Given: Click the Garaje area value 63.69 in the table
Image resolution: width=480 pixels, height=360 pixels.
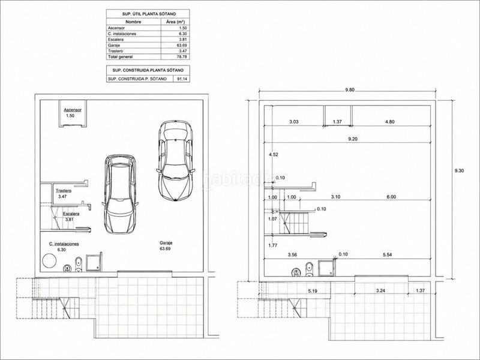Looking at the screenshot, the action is (182, 46).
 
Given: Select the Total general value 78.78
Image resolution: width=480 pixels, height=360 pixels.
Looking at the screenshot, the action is (182, 56).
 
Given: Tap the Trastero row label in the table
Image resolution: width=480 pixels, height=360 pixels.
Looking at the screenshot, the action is (115, 51).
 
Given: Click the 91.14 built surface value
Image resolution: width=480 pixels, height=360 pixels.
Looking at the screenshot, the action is (182, 79).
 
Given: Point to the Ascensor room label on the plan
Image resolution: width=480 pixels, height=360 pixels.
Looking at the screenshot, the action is (73, 110).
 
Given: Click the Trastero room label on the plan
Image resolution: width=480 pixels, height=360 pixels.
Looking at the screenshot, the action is (64, 191).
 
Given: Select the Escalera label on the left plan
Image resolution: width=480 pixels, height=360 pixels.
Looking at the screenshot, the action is (71, 214).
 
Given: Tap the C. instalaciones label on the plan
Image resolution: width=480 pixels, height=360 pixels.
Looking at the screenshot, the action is (64, 244).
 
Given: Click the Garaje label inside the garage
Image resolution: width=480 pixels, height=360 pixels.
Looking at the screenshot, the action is (166, 243).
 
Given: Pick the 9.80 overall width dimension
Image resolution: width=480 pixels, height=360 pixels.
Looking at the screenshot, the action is (350, 89).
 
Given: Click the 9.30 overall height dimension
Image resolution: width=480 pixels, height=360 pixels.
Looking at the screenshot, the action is (459, 170).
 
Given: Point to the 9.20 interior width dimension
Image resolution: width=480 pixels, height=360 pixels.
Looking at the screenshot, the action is (353, 139).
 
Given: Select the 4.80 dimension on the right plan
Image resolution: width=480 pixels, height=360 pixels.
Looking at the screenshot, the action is (389, 122).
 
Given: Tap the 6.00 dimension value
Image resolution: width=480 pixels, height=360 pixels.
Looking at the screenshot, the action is (391, 197).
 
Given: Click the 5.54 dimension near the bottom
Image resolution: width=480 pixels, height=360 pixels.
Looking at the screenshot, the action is (388, 254).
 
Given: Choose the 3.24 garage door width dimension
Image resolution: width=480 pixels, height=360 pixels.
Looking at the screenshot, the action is (380, 291).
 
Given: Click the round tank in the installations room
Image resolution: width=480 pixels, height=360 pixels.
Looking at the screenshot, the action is (49, 261).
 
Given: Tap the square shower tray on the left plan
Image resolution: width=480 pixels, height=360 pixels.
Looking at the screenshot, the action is (93, 263).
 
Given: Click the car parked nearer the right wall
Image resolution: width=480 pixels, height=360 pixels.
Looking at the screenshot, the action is (176, 161).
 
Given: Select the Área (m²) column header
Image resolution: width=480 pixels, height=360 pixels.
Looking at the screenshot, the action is (175, 22).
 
